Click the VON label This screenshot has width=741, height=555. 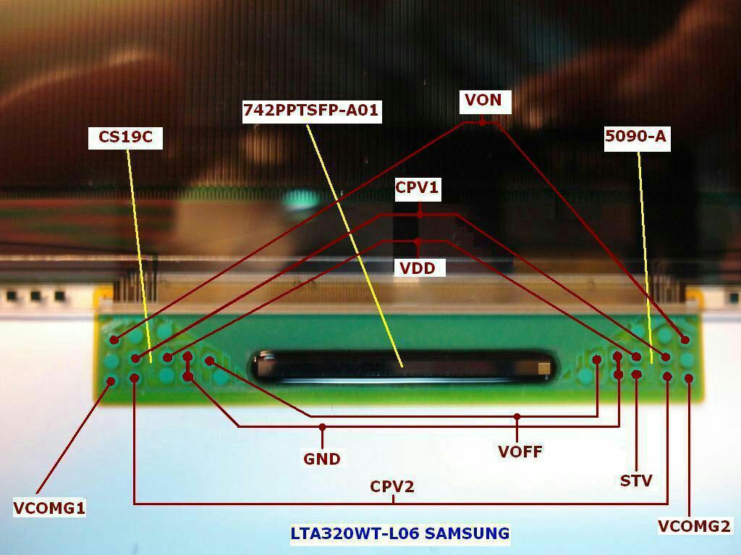(483, 100)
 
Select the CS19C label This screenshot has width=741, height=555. (125, 137)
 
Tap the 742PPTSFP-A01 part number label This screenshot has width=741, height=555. (311, 111)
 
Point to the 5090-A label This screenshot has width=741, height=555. (635, 137)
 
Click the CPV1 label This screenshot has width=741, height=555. (418, 188)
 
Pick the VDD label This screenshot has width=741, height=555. (418, 268)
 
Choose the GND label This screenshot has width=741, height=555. (322, 458)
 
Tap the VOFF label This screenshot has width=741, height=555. (520, 452)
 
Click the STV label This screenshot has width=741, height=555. (636, 481)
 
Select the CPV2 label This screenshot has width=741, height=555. (392, 486)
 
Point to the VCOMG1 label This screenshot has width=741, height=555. (49, 508)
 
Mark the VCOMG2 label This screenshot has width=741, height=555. (694, 526)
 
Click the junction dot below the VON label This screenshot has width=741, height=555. (482, 123)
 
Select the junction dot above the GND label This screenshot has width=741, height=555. (322, 426)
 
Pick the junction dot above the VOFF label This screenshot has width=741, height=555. (517, 417)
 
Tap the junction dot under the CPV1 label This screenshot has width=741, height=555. (420, 214)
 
